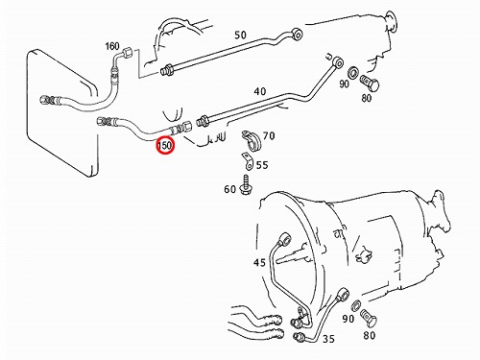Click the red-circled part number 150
tap(165, 146)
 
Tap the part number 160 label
tap(112, 46)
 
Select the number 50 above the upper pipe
tap(240, 35)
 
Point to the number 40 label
tap(260, 91)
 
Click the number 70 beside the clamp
tap(269, 136)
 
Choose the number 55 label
tap(262, 165)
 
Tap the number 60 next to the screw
tap(230, 189)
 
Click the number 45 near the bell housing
tap(259, 262)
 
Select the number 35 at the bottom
tap(328, 339)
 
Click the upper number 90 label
tap(344, 84)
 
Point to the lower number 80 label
tap(369, 335)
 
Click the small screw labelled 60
tap(245, 184)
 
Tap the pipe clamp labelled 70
tap(252, 140)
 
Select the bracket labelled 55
tap(248, 161)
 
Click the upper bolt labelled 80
tap(370, 83)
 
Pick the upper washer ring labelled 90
tap(353, 72)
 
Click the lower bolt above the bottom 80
tap(369, 318)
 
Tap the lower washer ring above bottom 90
tap(356, 305)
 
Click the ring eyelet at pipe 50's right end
tap(298, 34)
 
